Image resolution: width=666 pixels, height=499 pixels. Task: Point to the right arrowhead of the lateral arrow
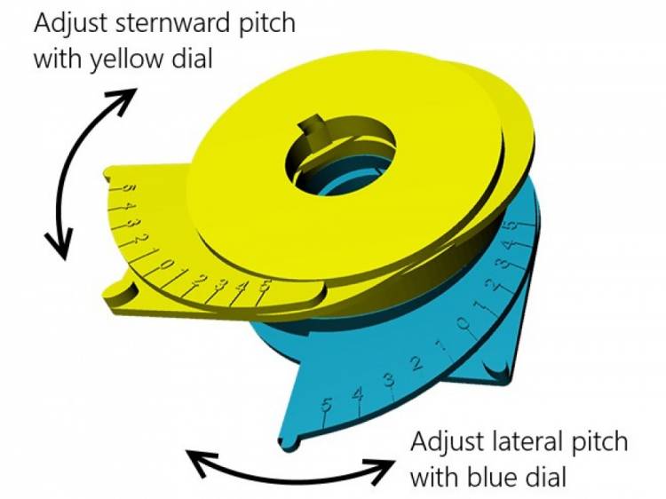click(382, 461)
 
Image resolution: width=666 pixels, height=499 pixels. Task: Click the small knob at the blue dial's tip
click(286, 440)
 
